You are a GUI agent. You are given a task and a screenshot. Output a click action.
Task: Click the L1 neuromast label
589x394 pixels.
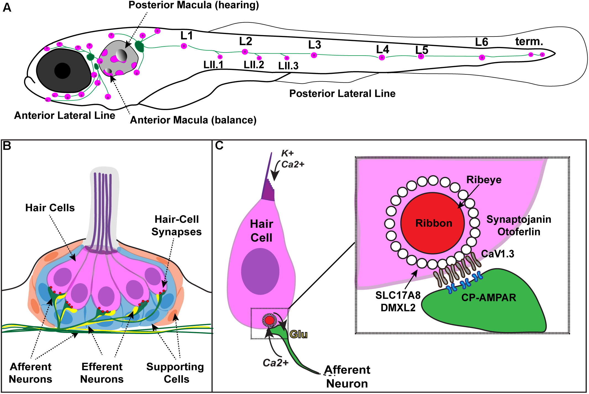tap(186, 36)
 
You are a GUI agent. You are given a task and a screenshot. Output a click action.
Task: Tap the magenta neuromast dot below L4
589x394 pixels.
tap(382, 58)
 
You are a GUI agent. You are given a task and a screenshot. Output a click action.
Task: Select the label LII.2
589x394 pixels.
tap(254, 65)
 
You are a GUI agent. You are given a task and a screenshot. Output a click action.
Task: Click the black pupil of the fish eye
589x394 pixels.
tap(62, 71)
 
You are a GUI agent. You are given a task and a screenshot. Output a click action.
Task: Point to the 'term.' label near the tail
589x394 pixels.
tap(529, 41)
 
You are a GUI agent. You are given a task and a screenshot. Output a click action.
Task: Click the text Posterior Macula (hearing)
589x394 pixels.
tap(194, 5)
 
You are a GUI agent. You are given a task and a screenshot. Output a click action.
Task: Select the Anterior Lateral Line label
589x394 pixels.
tap(65, 115)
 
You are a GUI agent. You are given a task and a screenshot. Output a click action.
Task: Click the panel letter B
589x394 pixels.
tap(7, 146)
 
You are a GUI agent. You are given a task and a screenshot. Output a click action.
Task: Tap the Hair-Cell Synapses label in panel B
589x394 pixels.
tap(177, 225)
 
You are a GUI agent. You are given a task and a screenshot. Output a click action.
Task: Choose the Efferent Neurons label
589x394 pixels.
tap(102, 373)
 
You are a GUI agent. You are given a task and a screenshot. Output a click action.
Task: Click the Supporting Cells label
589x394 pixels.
tap(175, 373)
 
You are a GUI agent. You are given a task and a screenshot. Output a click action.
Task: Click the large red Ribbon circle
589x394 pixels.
tap(433, 223)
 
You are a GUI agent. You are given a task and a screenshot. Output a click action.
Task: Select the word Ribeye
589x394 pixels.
tap(484, 180)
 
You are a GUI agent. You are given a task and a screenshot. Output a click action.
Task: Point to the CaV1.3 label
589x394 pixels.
tap(498, 254)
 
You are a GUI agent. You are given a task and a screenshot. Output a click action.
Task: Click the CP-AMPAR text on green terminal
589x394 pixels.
tap(488, 298)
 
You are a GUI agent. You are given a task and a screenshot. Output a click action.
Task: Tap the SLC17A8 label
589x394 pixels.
tap(398, 295)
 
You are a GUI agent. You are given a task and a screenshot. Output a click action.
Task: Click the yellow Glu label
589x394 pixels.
tap(299, 335)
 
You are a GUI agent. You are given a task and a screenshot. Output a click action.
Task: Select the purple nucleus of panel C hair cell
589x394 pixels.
tap(260, 271)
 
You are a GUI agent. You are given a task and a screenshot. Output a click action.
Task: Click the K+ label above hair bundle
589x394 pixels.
tap(287, 153)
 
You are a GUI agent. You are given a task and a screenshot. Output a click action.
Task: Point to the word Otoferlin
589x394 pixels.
tap(519, 232)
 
